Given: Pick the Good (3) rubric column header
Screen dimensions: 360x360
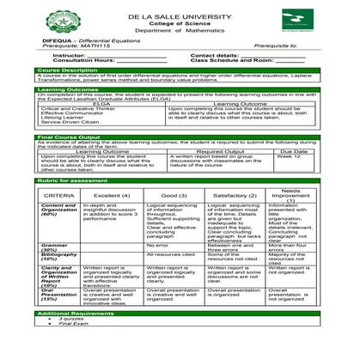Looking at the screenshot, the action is [x=162, y=196].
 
